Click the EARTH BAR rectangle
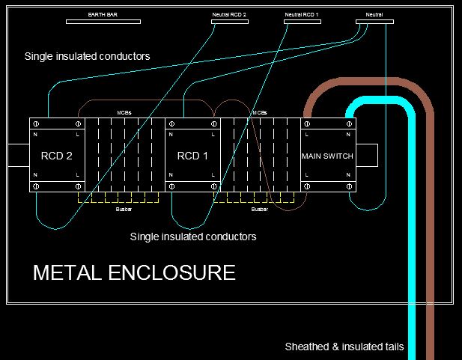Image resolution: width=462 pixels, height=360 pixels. [x=103, y=22]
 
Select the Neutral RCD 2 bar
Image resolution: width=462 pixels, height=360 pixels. [x=230, y=22]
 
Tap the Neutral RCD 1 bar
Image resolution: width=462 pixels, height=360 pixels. [x=303, y=22]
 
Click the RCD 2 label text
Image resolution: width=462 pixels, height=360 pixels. [x=57, y=156]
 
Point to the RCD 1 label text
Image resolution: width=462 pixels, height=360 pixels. [x=192, y=156]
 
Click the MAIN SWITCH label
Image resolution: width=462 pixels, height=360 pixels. [x=327, y=156]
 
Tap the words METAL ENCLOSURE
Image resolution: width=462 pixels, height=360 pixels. [x=134, y=272]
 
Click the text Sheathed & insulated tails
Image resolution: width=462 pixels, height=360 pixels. [x=344, y=347]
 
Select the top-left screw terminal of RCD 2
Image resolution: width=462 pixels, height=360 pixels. [x=36, y=124]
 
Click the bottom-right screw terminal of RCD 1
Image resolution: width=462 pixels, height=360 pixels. [x=214, y=186]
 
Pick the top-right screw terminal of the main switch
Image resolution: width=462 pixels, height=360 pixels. [x=349, y=124]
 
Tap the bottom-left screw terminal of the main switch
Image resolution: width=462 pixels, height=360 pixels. [x=307, y=186]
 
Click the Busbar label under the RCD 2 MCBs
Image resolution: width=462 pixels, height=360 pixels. [x=124, y=209]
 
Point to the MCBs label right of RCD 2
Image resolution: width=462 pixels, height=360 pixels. [x=124, y=113]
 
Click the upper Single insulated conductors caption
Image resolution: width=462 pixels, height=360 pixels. [x=87, y=56]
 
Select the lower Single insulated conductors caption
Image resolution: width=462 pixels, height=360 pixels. [x=193, y=237]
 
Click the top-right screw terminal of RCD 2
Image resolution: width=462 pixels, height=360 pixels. [x=78, y=124]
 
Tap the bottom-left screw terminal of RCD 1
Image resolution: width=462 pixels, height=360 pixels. [x=171, y=186]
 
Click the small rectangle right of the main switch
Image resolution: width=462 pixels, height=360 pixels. [x=367, y=155]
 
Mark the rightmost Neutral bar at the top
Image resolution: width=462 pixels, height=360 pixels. [x=374, y=22]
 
